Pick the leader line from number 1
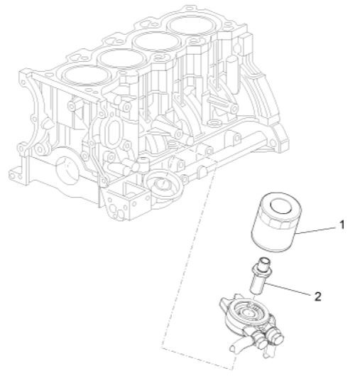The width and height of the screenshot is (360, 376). click(320, 229)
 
